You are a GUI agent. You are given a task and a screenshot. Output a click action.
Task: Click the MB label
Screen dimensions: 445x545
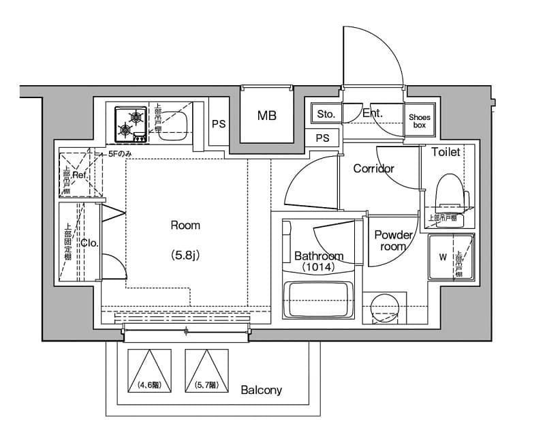266,116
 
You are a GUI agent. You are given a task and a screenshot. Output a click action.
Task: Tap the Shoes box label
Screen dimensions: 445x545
420,121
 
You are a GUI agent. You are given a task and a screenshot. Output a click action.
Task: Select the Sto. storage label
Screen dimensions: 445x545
326,114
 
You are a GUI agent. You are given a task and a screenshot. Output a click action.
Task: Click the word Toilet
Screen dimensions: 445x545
446,152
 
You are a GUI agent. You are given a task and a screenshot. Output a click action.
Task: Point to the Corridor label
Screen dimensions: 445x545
373,168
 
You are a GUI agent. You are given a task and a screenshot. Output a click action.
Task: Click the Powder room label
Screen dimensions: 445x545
393,241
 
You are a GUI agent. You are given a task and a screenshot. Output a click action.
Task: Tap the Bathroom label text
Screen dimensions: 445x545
319,256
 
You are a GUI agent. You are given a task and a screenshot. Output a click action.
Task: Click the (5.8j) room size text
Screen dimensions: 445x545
185,256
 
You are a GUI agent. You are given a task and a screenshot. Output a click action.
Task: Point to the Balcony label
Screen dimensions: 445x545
261,390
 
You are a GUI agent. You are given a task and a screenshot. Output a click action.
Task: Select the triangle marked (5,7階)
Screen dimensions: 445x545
205,371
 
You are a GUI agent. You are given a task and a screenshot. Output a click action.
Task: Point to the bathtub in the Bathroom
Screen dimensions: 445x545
318,298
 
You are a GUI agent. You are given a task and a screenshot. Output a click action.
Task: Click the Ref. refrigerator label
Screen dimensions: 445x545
80,175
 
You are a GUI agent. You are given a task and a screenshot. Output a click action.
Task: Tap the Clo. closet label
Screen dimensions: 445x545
89,242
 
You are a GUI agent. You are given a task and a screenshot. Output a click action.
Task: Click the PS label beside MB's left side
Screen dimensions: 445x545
218,124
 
